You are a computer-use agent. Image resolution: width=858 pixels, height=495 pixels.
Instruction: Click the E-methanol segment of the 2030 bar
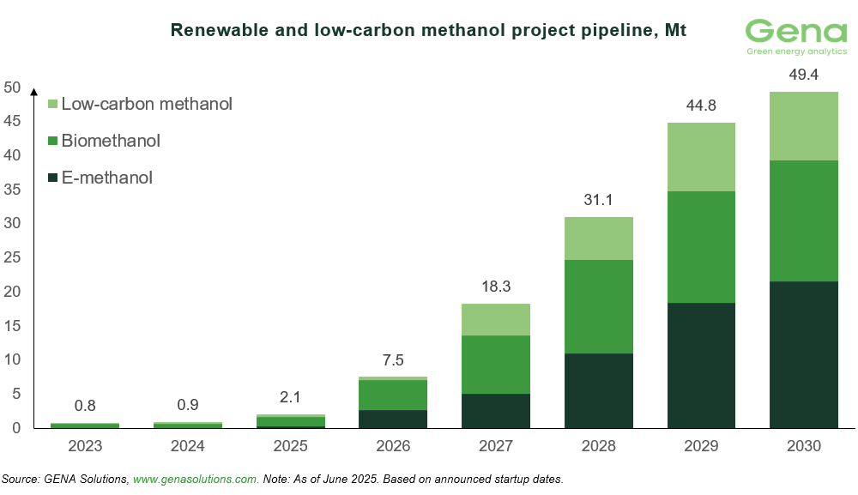point(803,354)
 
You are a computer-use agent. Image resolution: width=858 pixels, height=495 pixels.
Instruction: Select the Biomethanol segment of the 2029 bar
point(701,247)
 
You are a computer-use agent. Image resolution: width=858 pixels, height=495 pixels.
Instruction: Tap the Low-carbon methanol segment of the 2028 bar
point(598,238)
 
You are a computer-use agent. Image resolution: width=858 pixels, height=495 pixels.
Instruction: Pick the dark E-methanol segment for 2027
point(496,411)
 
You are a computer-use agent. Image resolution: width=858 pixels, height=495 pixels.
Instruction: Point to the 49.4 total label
point(803,75)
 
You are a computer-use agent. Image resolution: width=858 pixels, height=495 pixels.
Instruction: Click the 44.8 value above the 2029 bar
point(701,106)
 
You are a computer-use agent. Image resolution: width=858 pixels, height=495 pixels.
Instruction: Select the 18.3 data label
point(496,287)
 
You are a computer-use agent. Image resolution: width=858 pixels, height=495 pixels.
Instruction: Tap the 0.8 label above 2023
point(85,407)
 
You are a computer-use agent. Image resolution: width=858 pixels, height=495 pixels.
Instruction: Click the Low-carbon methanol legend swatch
point(52,105)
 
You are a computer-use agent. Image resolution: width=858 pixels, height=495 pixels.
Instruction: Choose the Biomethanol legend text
point(111,141)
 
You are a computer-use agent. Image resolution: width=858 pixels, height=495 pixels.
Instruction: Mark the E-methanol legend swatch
point(52,178)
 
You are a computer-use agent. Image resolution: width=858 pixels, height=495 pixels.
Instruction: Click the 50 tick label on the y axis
point(12,87)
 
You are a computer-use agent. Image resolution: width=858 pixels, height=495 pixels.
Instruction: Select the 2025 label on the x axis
point(290,446)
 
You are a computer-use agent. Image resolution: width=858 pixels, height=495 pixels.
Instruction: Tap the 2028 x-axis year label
point(598,446)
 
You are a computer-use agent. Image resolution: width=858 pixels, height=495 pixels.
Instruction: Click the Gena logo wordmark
point(795,32)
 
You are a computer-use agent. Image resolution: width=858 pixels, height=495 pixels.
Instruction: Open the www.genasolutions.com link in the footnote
point(196,478)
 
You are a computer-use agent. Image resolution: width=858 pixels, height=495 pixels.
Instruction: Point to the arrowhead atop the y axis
point(33,91)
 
